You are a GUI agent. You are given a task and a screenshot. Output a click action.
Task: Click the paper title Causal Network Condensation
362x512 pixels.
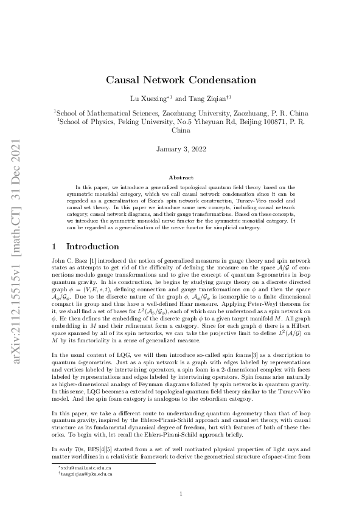[x=181, y=80]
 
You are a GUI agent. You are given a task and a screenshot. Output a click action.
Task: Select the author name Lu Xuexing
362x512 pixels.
[x=148, y=97]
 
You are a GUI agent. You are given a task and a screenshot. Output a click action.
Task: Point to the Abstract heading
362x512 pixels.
[x=181, y=178]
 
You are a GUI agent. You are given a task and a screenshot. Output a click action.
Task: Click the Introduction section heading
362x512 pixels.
[x=92, y=246]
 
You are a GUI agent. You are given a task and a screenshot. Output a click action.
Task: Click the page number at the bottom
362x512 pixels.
[x=181, y=493]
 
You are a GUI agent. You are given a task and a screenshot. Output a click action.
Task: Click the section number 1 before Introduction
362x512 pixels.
[x=55, y=246]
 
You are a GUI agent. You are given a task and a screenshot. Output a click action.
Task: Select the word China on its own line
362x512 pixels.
[x=181, y=130]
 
